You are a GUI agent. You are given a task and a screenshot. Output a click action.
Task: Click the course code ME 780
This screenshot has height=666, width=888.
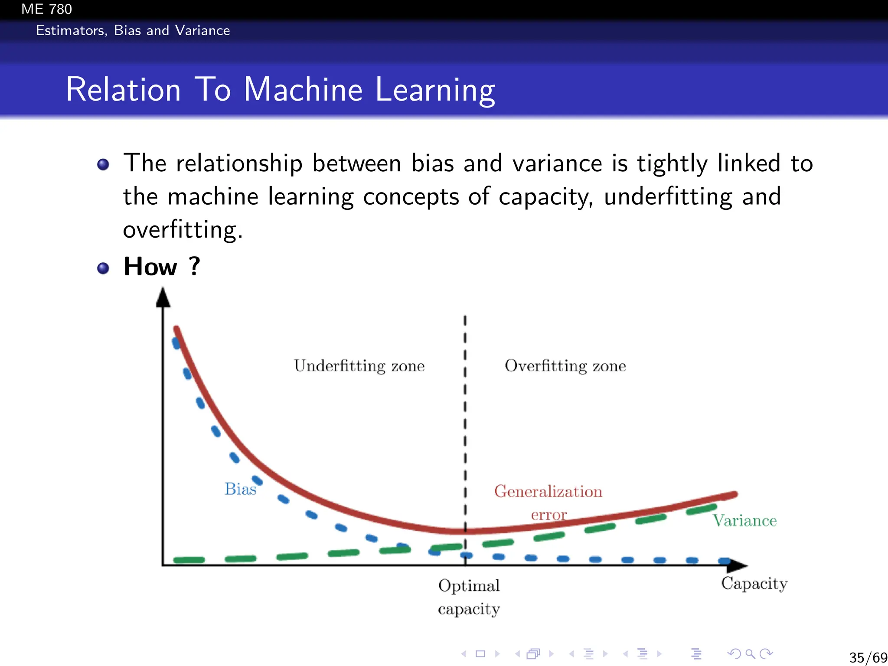[x=46, y=9]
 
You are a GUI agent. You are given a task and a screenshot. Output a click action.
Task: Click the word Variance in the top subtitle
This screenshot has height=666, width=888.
[x=202, y=30]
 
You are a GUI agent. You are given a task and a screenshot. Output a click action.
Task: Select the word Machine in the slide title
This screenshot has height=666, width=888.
[x=303, y=90]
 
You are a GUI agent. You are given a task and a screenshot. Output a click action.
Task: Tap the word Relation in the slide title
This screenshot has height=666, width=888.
[x=124, y=90]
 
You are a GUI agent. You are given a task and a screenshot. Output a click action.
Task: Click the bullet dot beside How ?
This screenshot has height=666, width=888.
[x=103, y=268]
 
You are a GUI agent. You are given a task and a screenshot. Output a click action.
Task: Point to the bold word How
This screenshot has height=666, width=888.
[x=150, y=266]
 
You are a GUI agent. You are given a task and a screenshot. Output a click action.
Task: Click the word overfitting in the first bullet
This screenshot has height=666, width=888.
[x=182, y=230]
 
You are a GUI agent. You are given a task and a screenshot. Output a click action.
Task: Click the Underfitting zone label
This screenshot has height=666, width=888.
[x=359, y=366]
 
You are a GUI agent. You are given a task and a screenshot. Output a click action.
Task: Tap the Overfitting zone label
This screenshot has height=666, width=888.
[x=565, y=366]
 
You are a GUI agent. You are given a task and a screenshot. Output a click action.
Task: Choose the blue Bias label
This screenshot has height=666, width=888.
[x=240, y=489]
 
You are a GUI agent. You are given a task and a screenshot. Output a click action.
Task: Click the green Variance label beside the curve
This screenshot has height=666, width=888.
[x=744, y=520]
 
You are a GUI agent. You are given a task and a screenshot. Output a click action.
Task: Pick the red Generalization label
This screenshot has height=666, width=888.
[x=548, y=492]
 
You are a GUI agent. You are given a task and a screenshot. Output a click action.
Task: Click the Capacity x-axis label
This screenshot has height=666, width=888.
[x=754, y=584]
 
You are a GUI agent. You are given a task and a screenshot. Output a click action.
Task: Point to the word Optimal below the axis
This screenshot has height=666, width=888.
[x=469, y=586]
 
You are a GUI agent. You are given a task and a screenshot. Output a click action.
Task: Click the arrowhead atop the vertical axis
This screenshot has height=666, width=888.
[x=163, y=298]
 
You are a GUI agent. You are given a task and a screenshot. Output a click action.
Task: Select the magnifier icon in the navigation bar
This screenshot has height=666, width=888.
[x=750, y=653]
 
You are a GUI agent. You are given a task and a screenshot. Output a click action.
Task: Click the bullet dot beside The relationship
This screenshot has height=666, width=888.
[x=103, y=164]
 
